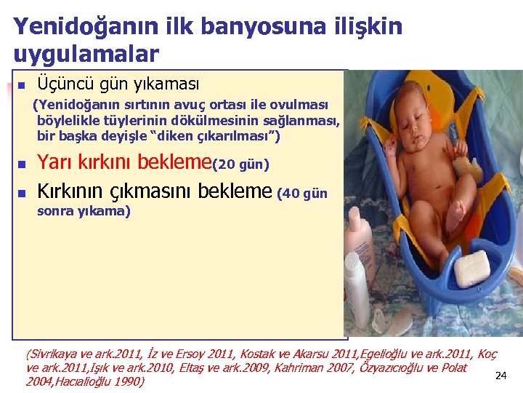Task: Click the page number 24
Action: point(500,376)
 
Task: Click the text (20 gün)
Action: point(241,165)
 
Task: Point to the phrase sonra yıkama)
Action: point(84,212)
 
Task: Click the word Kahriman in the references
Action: point(307,368)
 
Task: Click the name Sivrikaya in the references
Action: point(54,355)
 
